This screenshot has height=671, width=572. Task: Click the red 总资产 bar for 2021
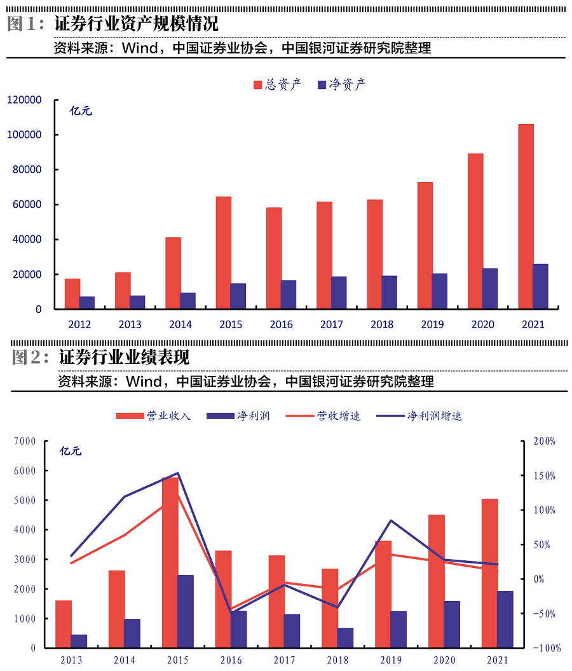pyautogui.click(x=526, y=216)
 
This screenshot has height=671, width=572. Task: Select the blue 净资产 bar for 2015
pyautogui.click(x=238, y=296)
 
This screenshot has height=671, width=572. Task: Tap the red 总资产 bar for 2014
pyautogui.click(x=173, y=273)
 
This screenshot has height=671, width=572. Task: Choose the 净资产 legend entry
pyautogui.click(x=341, y=85)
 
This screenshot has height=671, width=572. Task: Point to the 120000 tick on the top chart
pyautogui.click(x=24, y=100)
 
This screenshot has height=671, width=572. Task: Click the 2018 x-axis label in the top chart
pyautogui.click(x=382, y=324)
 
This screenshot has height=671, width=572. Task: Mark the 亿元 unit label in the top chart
pyautogui.click(x=81, y=111)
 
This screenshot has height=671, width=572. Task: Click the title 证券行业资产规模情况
pyautogui.click(x=136, y=24)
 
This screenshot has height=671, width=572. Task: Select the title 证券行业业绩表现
pyautogui.click(x=124, y=357)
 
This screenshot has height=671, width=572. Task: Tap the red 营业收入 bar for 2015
pyautogui.click(x=170, y=562)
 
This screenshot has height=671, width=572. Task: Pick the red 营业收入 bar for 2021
pyautogui.click(x=489, y=573)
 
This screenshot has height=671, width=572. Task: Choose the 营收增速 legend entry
pyautogui.click(x=323, y=416)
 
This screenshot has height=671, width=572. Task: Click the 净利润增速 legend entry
pyautogui.click(x=419, y=416)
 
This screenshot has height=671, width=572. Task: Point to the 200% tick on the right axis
pyautogui.click(x=545, y=441)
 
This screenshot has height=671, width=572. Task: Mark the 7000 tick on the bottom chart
pyautogui.click(x=24, y=441)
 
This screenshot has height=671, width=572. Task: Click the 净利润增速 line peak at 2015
pyautogui.click(x=178, y=473)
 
